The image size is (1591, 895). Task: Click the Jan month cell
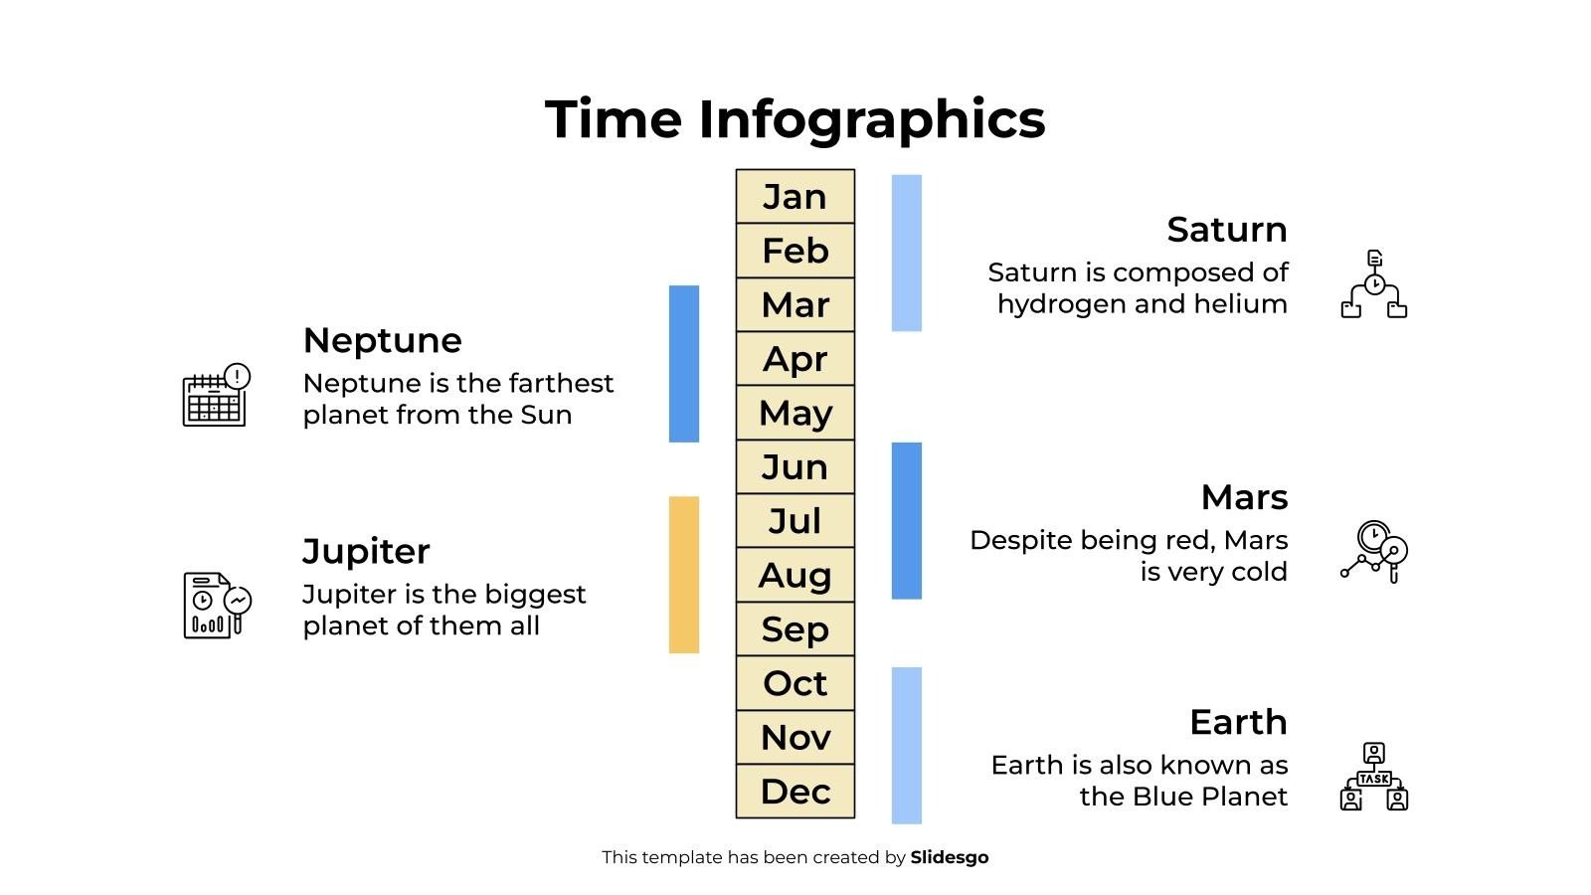[x=795, y=197]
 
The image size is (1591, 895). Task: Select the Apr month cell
[x=795, y=359]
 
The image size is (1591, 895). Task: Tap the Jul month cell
[x=795, y=521]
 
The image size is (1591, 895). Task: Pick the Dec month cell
[x=795, y=792]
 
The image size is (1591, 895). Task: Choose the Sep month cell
[x=795, y=629]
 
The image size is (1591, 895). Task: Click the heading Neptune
[x=382, y=340]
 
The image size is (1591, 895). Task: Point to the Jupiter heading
[x=366, y=551]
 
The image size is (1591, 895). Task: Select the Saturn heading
[x=1227, y=230]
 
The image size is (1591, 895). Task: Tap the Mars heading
[x=1244, y=497]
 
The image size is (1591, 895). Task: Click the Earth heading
[x=1238, y=722]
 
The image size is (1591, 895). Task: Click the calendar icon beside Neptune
[x=216, y=395]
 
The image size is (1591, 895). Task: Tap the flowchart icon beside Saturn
[x=1373, y=284]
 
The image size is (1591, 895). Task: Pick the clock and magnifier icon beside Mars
[x=1373, y=552]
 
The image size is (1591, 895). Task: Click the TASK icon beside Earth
[x=1373, y=777]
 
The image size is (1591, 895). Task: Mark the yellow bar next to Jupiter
[x=684, y=575]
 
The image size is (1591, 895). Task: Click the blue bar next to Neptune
[x=684, y=364]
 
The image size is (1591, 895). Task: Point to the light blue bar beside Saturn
[x=907, y=253]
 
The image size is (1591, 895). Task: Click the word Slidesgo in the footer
[x=950, y=857]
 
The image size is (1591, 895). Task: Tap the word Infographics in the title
[x=871, y=119]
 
